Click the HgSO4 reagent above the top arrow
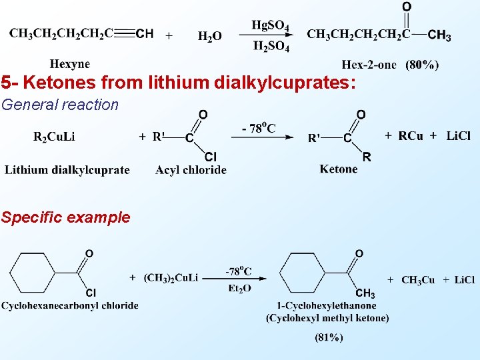[x=270, y=26]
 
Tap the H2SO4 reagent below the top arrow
[x=270, y=46]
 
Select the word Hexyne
[x=69, y=64]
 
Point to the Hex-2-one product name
[x=369, y=65]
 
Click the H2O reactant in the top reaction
[x=209, y=36]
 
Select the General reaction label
[x=60, y=105]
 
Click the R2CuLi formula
[x=54, y=137]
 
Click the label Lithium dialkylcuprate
[x=67, y=170]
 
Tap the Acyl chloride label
[x=191, y=170]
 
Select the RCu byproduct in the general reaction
[x=410, y=136]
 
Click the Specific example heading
[x=65, y=217]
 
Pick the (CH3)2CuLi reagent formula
[x=171, y=277]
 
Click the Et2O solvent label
[x=239, y=288]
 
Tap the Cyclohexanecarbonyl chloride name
[x=70, y=305]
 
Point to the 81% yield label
[x=329, y=337]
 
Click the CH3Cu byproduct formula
[x=418, y=280]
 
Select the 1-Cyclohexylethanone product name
[x=327, y=306]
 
